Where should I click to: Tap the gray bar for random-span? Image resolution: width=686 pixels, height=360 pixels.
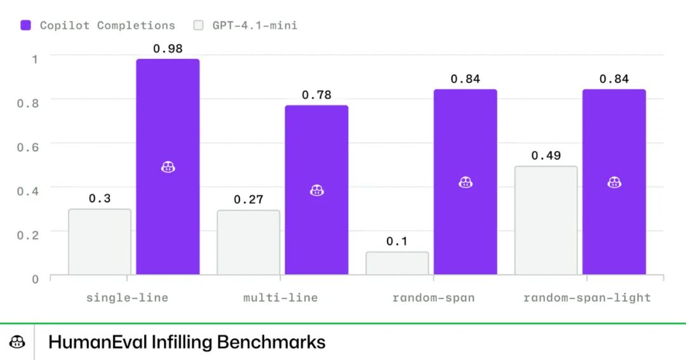tap(397, 263)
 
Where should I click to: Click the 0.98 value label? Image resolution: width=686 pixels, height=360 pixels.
tap(168, 48)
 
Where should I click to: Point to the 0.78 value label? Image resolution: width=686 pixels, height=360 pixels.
tap(316, 95)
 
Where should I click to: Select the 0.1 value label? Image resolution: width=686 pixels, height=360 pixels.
tap(397, 241)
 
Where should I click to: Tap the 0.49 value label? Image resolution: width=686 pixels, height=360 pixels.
tap(546, 156)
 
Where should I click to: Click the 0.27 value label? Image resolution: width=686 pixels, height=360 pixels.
tap(248, 199)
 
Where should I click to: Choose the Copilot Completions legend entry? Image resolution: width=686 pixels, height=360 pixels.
tap(98, 25)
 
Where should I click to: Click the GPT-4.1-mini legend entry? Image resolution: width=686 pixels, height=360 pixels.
tap(245, 25)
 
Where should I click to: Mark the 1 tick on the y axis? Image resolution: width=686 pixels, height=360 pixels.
tap(35, 58)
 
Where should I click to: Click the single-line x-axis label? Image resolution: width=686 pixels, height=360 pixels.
tap(127, 297)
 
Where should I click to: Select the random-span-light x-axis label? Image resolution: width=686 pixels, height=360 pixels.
tap(587, 297)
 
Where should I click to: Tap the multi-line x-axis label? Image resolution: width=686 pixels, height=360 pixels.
tap(280, 297)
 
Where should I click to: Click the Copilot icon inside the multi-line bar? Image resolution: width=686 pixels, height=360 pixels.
tap(316, 190)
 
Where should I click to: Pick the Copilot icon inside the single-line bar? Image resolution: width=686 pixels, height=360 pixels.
tap(168, 167)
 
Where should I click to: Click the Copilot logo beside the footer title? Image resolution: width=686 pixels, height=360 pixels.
tap(17, 342)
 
